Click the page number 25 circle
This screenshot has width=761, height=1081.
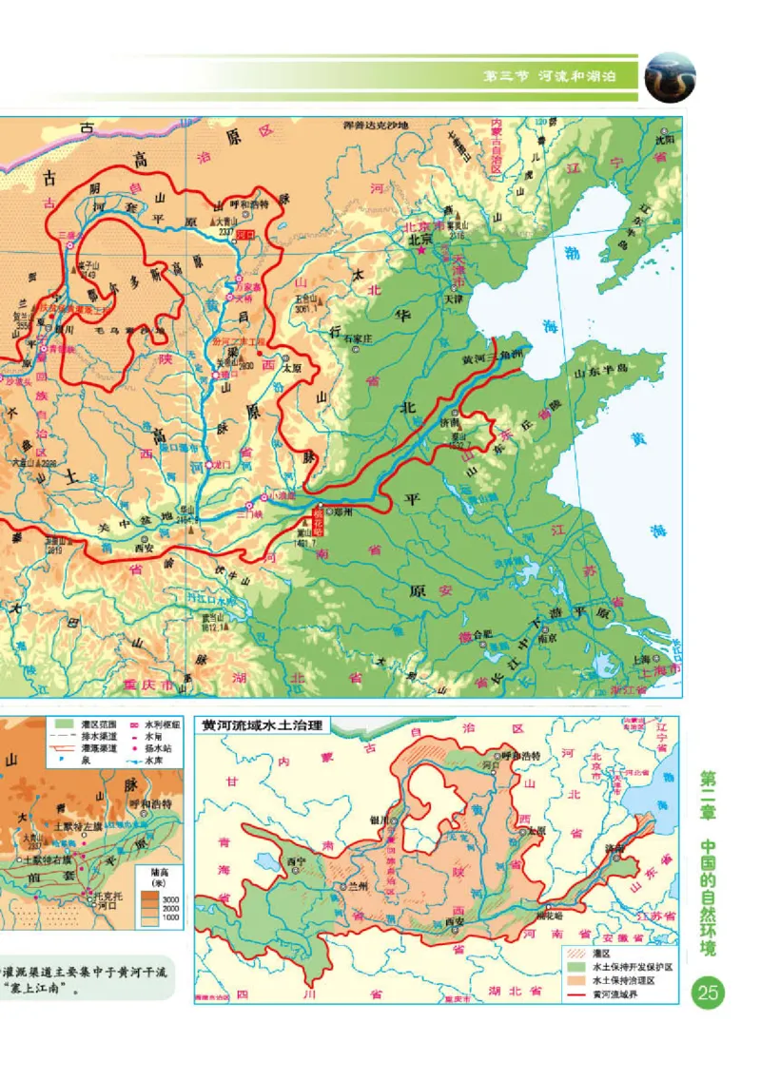[709, 994]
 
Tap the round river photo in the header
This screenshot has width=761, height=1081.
[671, 75]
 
